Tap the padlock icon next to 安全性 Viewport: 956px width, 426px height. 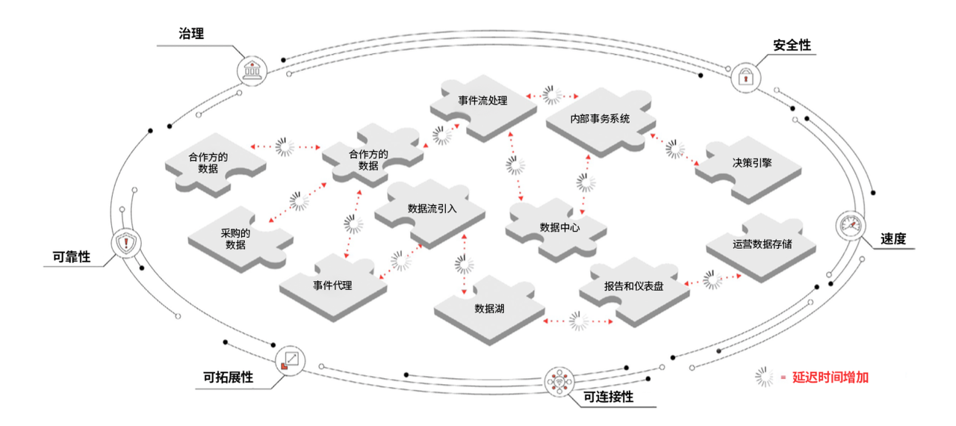(x=745, y=76)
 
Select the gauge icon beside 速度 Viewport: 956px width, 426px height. (x=851, y=226)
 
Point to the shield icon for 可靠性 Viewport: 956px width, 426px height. (x=125, y=243)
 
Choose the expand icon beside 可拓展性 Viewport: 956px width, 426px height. (x=290, y=360)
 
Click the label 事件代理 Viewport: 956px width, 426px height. (x=332, y=285)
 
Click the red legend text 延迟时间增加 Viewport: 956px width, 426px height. (x=830, y=377)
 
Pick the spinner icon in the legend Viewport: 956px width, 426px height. (x=764, y=377)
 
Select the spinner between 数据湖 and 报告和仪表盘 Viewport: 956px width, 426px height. (x=578, y=321)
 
